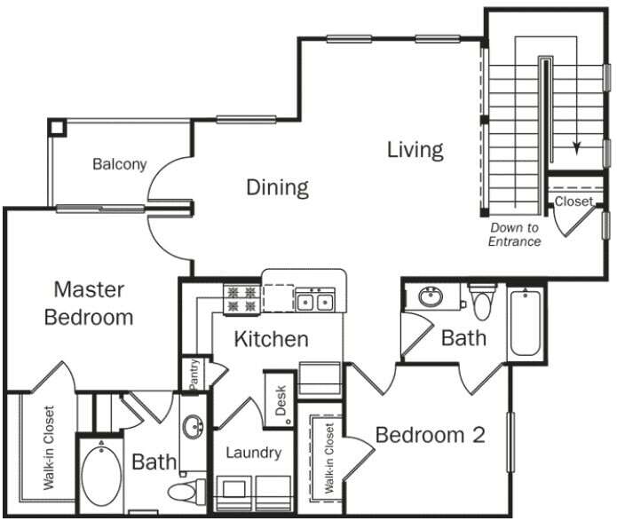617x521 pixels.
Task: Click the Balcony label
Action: tap(119, 164)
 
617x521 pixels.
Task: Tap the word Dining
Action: tap(277, 187)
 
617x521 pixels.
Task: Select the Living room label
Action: tap(415, 149)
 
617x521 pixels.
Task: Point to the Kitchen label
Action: tap(271, 338)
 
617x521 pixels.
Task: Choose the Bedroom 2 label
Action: tap(430, 435)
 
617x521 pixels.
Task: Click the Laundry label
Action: tap(253, 453)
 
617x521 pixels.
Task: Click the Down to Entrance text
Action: tap(514, 234)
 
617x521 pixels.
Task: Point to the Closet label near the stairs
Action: tap(573, 201)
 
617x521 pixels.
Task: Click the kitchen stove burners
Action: tap(241, 298)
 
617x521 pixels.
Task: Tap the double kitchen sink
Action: tap(314, 302)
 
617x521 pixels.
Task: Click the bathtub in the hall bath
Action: tap(526, 321)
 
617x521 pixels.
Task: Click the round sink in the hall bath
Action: tap(432, 297)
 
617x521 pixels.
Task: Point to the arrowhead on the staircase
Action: tap(578, 148)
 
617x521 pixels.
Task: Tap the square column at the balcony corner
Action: tap(58, 126)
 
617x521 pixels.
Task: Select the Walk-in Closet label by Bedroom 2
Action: tap(328, 458)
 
